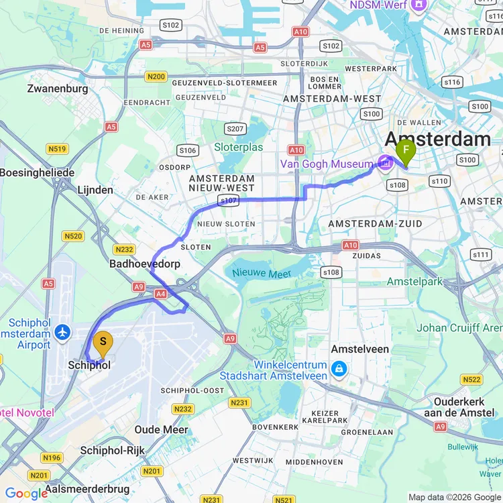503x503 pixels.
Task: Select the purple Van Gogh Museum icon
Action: coord(386,163)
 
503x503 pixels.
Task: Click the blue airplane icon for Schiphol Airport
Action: coord(64,333)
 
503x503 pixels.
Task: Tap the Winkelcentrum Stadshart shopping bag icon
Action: coord(340,369)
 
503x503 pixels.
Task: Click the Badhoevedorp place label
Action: coord(145,264)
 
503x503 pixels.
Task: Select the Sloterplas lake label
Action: coord(239,147)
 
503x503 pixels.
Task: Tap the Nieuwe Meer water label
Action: coord(262,274)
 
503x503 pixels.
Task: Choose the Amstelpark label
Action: coord(415,282)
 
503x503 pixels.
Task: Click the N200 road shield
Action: coord(155,77)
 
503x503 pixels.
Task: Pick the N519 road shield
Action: coord(56,149)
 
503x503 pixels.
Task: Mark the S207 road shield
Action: coord(235,129)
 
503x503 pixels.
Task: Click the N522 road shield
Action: coord(471,380)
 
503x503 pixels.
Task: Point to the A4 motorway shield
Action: coord(160,294)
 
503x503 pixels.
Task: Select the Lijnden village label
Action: coord(95,190)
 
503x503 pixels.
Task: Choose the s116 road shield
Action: coord(453,82)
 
